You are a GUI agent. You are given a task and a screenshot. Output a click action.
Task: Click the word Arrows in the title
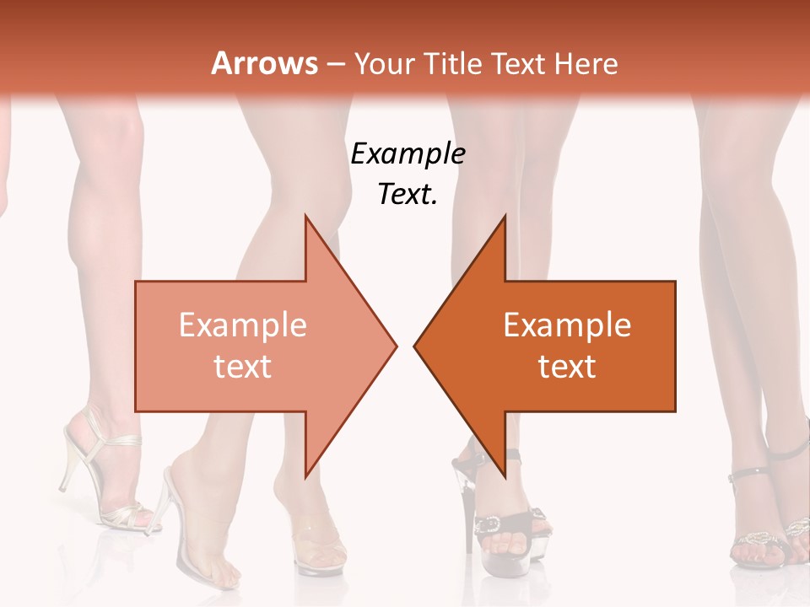pos(264,63)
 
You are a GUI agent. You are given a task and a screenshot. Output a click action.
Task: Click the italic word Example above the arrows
pos(408,153)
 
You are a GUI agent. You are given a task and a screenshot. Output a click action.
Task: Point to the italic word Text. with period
pos(408,194)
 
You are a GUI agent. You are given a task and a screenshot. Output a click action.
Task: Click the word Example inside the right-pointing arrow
pos(242,325)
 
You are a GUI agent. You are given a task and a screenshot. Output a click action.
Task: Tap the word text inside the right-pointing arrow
pos(242,366)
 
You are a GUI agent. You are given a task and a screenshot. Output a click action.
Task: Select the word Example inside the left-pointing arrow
pos(567,325)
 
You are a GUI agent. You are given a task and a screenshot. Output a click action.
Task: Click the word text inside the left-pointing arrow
pos(567,366)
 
